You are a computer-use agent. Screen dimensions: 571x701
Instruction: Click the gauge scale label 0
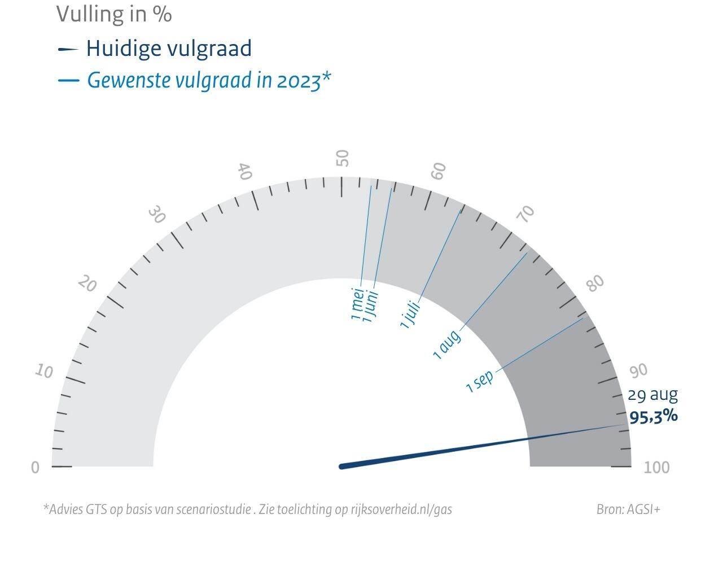click(35, 468)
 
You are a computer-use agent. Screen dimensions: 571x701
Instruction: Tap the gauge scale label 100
click(657, 468)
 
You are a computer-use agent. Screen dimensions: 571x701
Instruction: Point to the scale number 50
click(343, 158)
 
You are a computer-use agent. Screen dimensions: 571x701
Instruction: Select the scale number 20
click(87, 284)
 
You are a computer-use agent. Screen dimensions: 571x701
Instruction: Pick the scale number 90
click(638, 371)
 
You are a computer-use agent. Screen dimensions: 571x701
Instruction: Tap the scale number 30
click(157, 215)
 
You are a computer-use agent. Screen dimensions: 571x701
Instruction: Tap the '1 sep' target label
click(480, 381)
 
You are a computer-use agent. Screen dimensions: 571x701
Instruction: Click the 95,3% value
click(654, 417)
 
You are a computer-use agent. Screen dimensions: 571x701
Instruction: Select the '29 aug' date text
click(652, 394)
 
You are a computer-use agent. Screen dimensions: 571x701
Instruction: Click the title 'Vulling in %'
click(114, 14)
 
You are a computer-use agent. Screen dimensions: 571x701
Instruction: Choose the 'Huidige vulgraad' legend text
click(169, 49)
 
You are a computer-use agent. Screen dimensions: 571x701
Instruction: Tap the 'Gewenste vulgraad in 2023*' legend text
click(208, 80)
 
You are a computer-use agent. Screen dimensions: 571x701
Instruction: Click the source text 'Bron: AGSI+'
click(628, 509)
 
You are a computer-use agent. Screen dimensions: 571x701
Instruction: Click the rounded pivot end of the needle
click(342, 466)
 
